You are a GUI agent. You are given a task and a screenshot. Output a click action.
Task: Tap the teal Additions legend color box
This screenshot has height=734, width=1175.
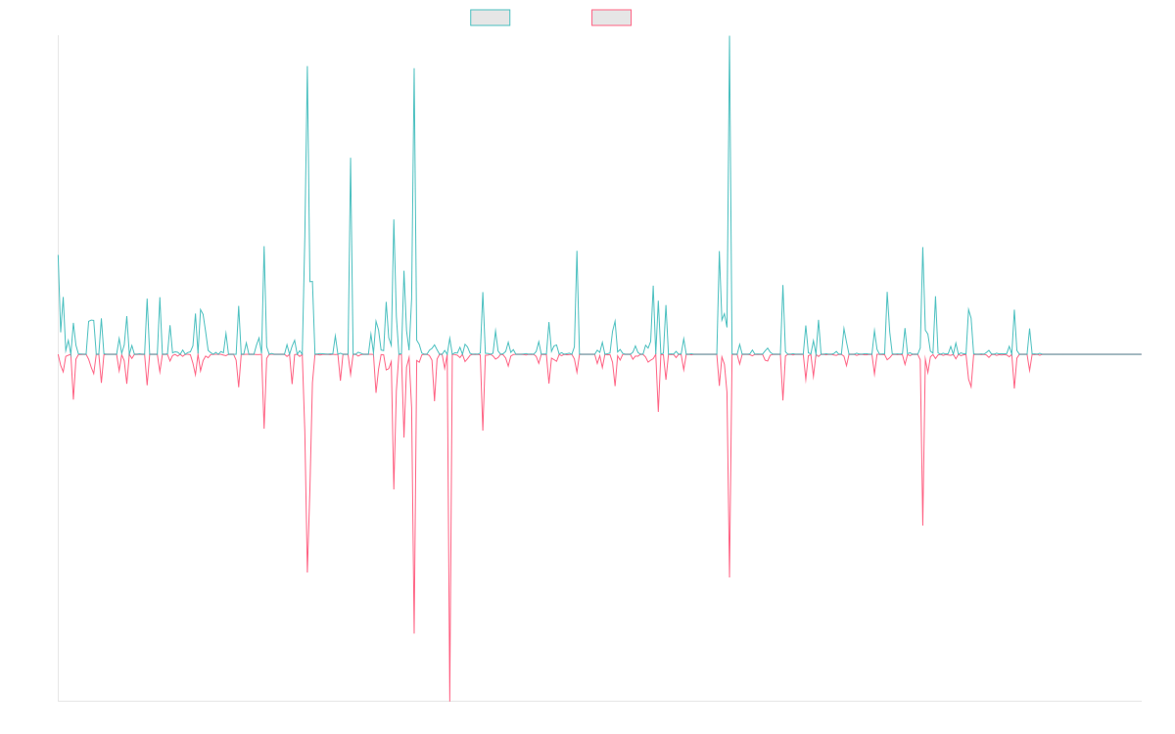(x=491, y=18)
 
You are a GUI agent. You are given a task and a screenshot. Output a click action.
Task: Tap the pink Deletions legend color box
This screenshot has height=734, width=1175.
(x=612, y=18)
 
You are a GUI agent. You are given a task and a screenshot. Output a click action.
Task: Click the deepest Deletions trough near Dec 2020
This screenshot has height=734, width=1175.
(x=448, y=700)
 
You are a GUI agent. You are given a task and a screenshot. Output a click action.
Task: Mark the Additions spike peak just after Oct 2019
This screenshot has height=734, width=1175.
(x=307, y=67)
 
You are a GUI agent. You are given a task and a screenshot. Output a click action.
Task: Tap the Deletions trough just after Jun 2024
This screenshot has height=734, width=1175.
(x=922, y=526)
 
